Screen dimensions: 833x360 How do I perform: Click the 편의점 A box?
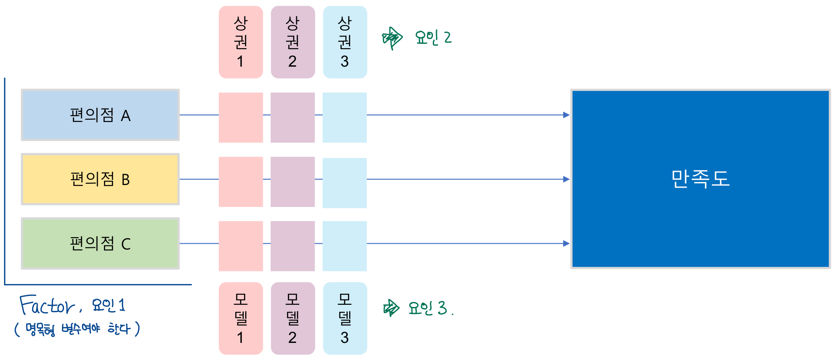coord(100,115)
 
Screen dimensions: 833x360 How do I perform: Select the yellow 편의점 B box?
coord(100,179)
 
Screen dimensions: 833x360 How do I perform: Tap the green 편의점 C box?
coord(100,243)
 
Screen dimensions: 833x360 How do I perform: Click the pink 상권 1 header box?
coord(241,42)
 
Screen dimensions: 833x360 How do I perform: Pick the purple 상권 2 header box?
coord(293,42)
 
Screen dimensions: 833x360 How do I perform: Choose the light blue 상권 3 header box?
coord(345,42)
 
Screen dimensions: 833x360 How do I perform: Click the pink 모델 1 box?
coord(241,318)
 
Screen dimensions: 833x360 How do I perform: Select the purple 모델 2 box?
coord(293,318)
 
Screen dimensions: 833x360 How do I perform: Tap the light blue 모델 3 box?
coord(345,318)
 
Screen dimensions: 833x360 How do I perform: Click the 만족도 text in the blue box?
coord(701,179)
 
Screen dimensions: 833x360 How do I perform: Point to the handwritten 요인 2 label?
coord(433,38)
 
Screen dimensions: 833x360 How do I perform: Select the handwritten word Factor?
coord(47,305)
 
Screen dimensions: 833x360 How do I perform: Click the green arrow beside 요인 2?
coord(392,39)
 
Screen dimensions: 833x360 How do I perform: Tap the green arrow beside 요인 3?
coord(391,308)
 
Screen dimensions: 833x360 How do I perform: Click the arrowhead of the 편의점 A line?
coord(566,115)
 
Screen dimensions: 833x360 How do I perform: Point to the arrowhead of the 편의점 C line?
coord(566,243)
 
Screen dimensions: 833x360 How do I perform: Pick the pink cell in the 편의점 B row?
coord(241,182)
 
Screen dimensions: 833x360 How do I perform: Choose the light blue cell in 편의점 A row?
coord(345,118)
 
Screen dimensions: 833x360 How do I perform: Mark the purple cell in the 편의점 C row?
coord(293,246)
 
